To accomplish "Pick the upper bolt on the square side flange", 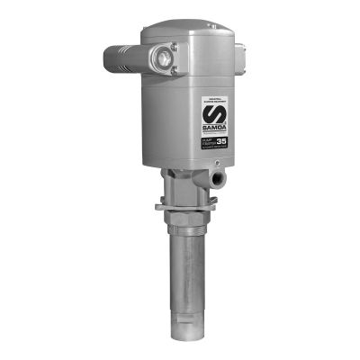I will click(173, 46).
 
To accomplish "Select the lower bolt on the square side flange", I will click(173, 72).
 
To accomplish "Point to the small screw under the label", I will click(216, 163).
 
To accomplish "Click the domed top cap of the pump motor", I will click(189, 32).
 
